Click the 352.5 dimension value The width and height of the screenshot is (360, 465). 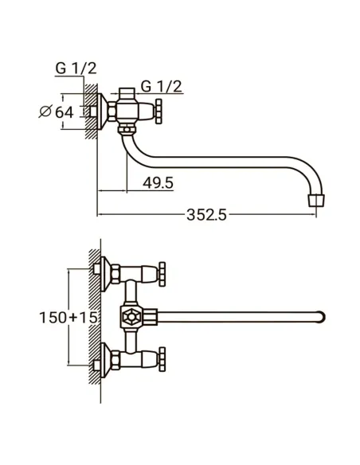click(206, 215)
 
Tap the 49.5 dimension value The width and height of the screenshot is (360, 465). click(158, 182)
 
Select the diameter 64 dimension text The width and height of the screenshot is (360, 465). click(57, 111)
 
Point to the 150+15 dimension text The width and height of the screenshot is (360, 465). click(68, 318)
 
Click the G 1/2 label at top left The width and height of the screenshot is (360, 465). click(76, 68)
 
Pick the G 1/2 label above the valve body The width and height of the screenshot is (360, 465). click(161, 86)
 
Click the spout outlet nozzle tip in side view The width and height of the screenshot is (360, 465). click(316, 201)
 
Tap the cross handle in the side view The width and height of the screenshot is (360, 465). click(159, 111)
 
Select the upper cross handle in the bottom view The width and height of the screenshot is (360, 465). click(162, 274)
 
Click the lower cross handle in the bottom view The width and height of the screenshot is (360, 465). click(162, 359)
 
